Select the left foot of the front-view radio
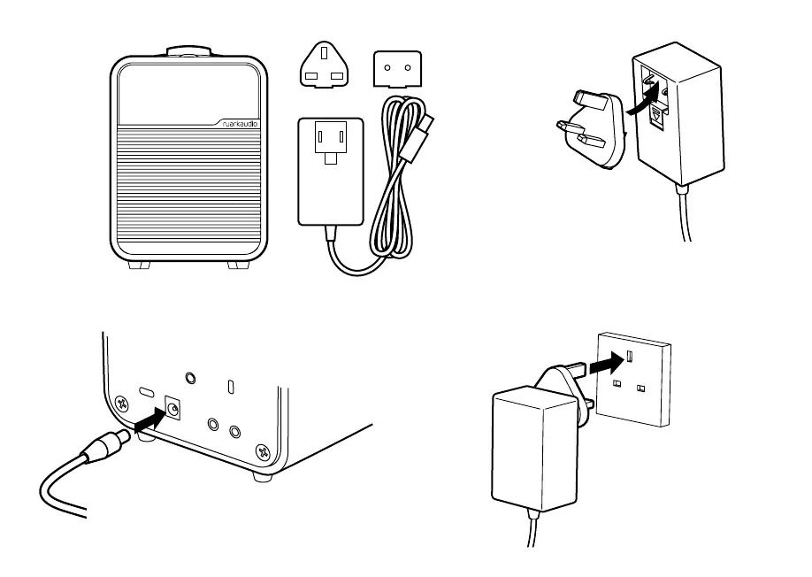(139, 265)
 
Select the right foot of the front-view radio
(238, 265)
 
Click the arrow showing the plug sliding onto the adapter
(644, 99)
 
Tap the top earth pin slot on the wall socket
(629, 356)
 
